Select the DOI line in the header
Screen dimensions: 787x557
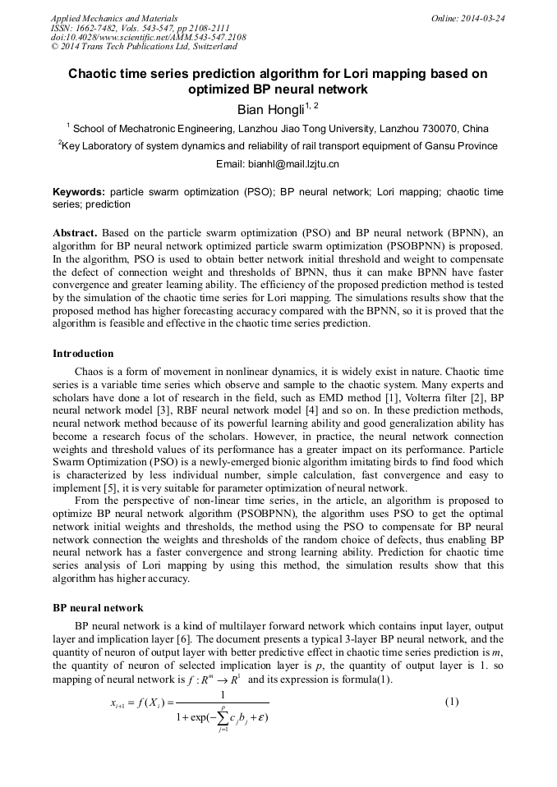tap(148, 37)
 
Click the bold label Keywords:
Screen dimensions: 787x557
tap(79, 191)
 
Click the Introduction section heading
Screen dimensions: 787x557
tap(84, 354)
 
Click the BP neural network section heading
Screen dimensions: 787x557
tap(98, 608)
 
